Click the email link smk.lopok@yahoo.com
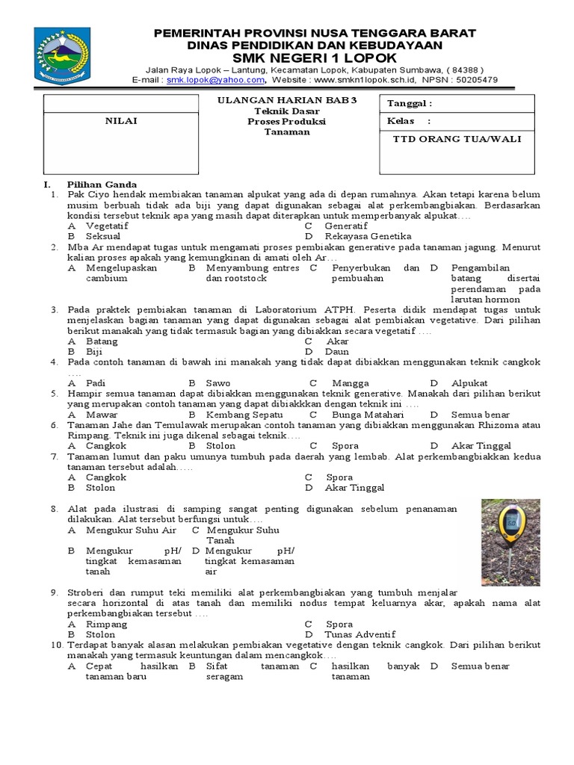[x=215, y=80]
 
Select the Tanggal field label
[x=409, y=104]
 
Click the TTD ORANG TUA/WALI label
[x=457, y=139]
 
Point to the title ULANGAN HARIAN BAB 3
[x=286, y=102]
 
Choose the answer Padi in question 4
[x=96, y=382]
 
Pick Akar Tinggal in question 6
[x=482, y=445]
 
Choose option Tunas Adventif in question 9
[x=360, y=634]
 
